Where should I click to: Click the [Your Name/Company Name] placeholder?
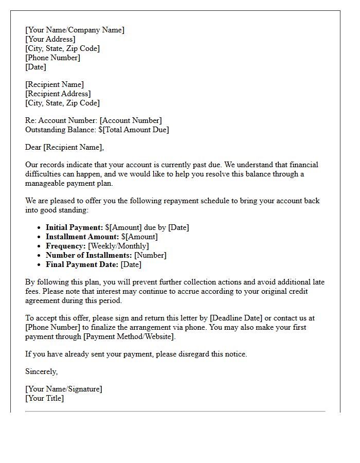coord(75,30)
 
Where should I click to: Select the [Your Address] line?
coord(50,39)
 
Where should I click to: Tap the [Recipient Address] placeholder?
coord(58,94)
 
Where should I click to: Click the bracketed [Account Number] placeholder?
coord(131,120)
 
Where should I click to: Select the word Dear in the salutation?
coord(33,147)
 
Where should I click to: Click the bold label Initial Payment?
coord(74,227)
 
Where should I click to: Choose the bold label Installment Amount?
coord(82,237)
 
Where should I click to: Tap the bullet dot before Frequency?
coord(40,246)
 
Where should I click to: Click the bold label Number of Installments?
coord(89,255)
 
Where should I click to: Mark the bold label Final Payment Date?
coord(82,264)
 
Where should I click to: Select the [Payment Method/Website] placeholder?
coord(130,336)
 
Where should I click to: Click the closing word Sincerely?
coord(41,371)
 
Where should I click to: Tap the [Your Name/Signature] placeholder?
coord(63,389)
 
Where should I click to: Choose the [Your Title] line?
coord(44,398)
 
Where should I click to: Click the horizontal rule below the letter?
coord(175,412)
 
